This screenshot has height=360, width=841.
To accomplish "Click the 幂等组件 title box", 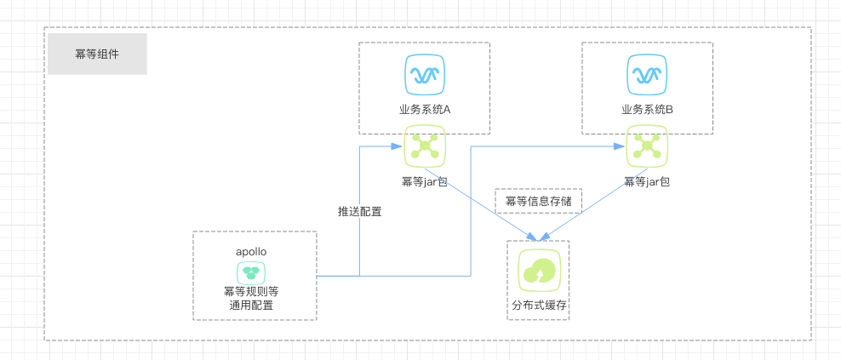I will click(x=97, y=54).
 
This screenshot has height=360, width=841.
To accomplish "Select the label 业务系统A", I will click(x=424, y=110).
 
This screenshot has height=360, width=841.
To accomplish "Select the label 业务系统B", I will click(x=647, y=110).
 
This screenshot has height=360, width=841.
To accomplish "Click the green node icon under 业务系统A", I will click(x=424, y=146).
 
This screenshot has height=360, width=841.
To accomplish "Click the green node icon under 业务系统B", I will click(x=647, y=146).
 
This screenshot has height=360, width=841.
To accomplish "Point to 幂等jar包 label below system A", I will click(x=424, y=181).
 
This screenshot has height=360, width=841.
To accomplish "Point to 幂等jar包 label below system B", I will click(x=647, y=181).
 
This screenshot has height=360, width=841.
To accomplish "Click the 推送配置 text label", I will click(x=359, y=212).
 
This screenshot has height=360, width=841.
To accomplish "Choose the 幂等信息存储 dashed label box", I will click(x=538, y=202).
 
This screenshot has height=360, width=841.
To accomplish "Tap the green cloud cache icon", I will click(x=539, y=271).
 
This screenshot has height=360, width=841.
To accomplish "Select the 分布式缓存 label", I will click(x=538, y=304).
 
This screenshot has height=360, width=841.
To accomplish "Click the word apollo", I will click(x=253, y=253).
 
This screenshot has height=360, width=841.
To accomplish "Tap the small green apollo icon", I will click(x=253, y=272).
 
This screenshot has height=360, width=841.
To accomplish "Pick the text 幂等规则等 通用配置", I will click(x=253, y=297).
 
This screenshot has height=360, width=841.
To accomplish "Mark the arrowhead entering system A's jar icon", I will click(x=398, y=146).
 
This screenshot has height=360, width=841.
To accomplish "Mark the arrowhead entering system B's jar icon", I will click(x=621, y=146).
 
